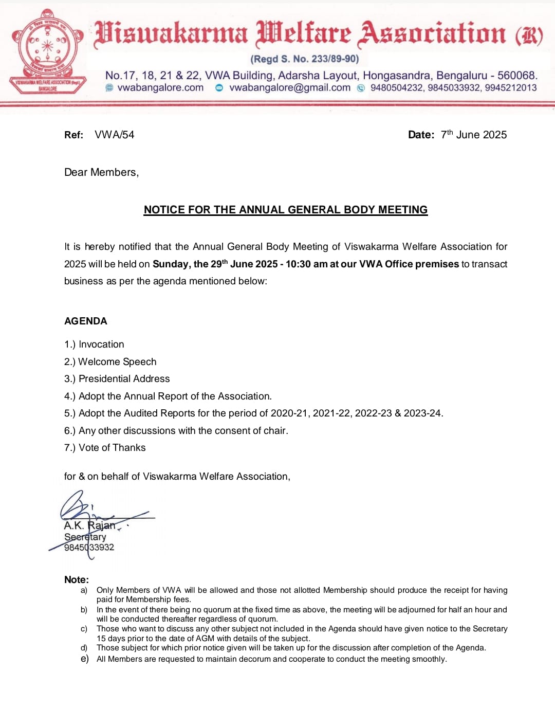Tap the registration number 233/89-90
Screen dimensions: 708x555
pyautogui.click(x=328, y=59)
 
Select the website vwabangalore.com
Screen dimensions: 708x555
pyautogui.click(x=160, y=88)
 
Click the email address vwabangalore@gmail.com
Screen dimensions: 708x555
pyautogui.click(x=290, y=88)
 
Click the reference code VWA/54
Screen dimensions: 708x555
pyautogui.click(x=114, y=135)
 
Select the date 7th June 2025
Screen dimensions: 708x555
pyautogui.click(x=473, y=135)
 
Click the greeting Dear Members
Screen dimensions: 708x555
pyautogui.click(x=101, y=172)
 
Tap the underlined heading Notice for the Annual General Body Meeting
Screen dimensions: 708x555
pyautogui.click(x=286, y=210)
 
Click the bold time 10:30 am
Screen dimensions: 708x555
pyautogui.click(x=306, y=264)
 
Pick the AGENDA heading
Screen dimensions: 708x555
pyautogui.click(x=86, y=321)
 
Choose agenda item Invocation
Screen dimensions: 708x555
pyautogui.click(x=101, y=344)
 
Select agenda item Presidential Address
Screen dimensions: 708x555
pyautogui.click(x=124, y=379)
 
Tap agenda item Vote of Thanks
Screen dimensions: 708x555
pyautogui.click(x=112, y=448)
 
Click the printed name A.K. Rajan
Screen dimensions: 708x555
pyautogui.click(x=90, y=525)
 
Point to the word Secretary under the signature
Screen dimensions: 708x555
pyautogui.click(x=85, y=537)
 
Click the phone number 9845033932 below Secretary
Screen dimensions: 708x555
pyautogui.click(x=89, y=548)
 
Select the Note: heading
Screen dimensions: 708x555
pyautogui.click(x=77, y=579)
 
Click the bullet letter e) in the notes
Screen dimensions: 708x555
pyautogui.click(x=84, y=659)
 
